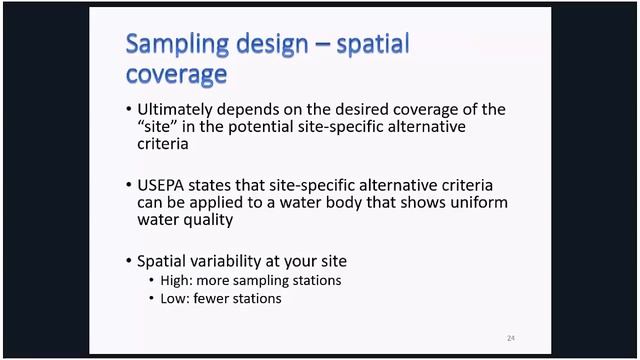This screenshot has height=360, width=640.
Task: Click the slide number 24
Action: [x=510, y=338]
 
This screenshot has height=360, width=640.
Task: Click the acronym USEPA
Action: [x=164, y=186]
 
